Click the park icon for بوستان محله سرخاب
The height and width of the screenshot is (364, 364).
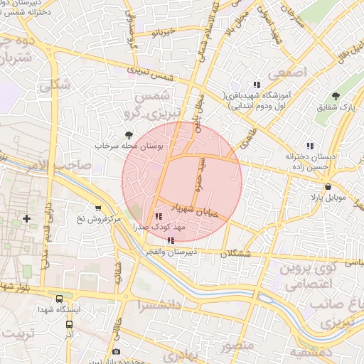(129, 134)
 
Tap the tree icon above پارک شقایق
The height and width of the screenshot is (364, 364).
(336, 96)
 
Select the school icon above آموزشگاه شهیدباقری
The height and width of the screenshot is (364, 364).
(256, 84)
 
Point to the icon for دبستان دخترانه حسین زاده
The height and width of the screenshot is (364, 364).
(309, 145)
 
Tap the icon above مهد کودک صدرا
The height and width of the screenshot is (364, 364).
(158, 217)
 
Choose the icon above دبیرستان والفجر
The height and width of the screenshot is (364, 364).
(168, 241)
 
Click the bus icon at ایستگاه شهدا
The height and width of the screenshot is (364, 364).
(59, 300)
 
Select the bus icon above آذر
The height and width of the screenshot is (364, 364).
(69, 322)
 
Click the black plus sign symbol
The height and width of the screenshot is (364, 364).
(27, 218)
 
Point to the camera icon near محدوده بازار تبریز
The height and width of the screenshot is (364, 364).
(116, 353)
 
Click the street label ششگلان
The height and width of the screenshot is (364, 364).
(237, 254)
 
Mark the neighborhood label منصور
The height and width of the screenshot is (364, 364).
(236, 348)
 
